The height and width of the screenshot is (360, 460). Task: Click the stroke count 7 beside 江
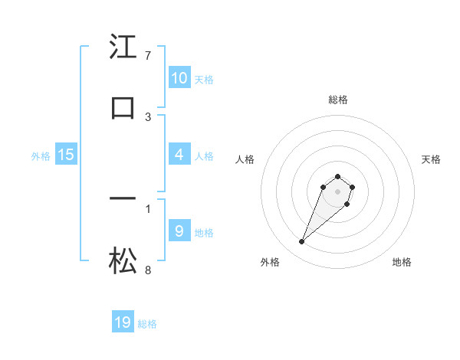click(147, 55)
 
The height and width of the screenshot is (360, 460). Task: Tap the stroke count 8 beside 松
click(147, 270)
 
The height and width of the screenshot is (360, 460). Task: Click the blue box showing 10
click(179, 77)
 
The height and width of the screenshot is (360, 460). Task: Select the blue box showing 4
click(179, 155)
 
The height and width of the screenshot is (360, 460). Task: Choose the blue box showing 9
click(179, 231)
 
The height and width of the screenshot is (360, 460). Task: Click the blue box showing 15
click(66, 155)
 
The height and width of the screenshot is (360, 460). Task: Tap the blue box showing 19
click(123, 322)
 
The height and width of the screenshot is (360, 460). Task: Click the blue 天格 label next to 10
click(204, 79)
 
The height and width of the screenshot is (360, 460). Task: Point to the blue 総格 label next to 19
click(147, 324)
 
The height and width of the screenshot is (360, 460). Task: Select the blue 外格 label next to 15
click(41, 156)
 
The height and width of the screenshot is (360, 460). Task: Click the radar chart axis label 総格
click(338, 100)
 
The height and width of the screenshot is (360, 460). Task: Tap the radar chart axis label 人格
click(245, 159)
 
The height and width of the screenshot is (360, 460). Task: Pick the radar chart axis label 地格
click(402, 262)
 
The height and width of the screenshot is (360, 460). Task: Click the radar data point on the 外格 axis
click(302, 242)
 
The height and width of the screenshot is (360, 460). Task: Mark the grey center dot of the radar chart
click(338, 191)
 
